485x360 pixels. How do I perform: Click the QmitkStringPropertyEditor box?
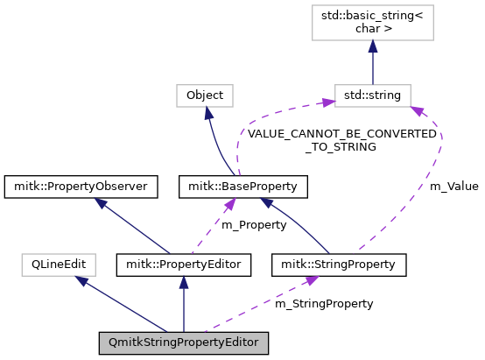pyautogui.click(x=183, y=342)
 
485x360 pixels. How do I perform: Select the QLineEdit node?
pyautogui.click(x=59, y=263)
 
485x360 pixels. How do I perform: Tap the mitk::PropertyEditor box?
pyautogui.click(x=184, y=263)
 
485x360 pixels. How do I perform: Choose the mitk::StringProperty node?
pyautogui.click(x=340, y=263)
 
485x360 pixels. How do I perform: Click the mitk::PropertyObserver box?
pyautogui.click(x=81, y=186)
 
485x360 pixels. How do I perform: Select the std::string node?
pyautogui.click(x=373, y=95)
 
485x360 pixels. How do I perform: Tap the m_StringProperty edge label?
pyautogui.click(x=324, y=303)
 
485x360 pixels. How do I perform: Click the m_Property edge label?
pyautogui.click(x=253, y=225)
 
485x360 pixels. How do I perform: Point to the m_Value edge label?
pyautogui.click(x=453, y=187)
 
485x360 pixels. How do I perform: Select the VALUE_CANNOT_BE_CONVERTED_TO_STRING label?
pyautogui.click(x=341, y=141)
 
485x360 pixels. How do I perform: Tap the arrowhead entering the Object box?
pyautogui.click(x=208, y=111)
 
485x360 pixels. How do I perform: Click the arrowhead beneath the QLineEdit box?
pyautogui.click(x=81, y=280)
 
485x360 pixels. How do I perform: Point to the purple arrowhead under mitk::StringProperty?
pyautogui.click(x=309, y=279)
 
